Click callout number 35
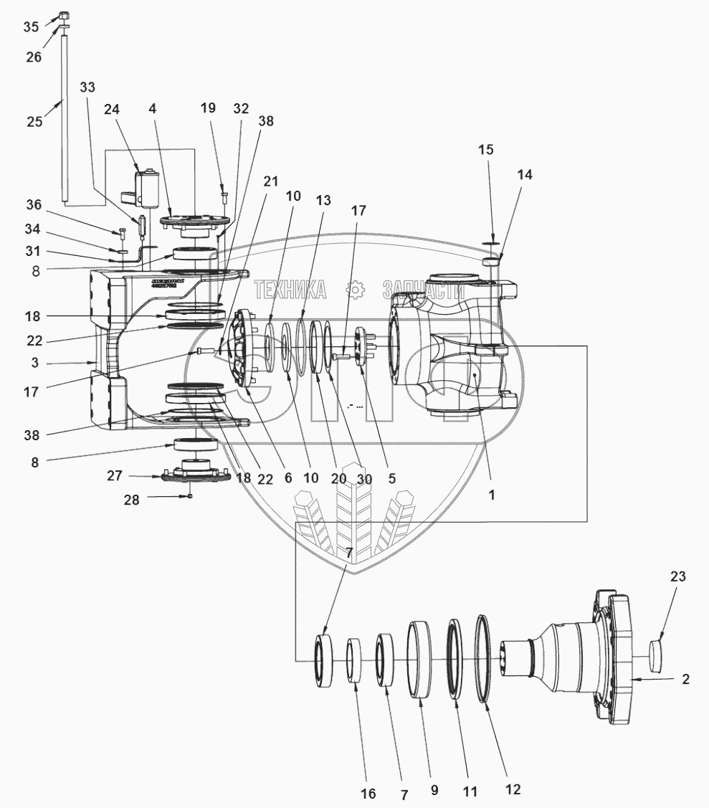(31, 27)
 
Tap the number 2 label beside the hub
(685, 679)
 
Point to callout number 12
(512, 789)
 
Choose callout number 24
(111, 109)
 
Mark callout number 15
(486, 151)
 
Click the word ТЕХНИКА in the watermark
(290, 290)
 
